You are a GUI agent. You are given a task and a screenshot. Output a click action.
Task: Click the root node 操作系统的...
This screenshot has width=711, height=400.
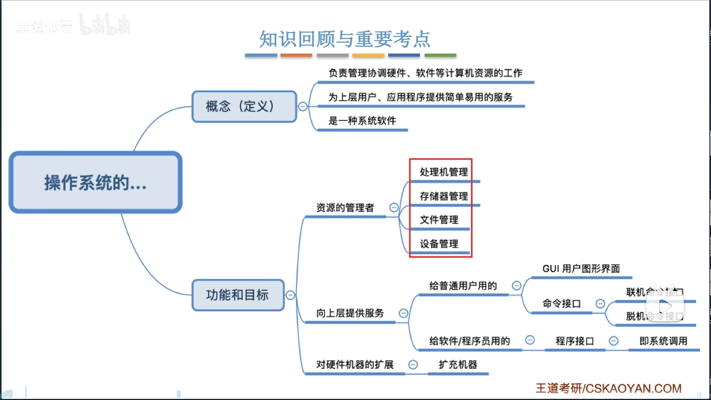tap(96, 182)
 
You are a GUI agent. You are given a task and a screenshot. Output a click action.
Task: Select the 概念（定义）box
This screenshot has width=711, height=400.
tap(244, 107)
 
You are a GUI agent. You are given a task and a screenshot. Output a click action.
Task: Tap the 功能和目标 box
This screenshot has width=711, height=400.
tap(238, 295)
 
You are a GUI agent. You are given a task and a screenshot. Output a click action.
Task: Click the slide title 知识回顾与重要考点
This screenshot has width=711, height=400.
tap(344, 39)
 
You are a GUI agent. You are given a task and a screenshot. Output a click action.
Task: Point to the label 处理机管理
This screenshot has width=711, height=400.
tap(444, 172)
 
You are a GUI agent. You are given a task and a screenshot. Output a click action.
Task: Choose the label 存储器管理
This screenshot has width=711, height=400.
tap(444, 196)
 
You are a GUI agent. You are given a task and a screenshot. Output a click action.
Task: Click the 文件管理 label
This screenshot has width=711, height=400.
tap(439, 220)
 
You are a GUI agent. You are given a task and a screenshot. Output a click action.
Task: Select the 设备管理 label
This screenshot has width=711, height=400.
tap(439, 244)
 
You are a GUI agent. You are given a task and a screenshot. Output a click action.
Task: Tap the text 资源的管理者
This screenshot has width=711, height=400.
tap(345, 208)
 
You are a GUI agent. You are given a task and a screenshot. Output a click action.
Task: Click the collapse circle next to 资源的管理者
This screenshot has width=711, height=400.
tap(394, 207)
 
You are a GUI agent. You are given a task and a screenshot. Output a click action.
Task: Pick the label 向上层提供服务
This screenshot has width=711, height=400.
tap(350, 313)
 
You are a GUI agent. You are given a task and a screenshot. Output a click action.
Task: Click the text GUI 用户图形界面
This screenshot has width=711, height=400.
tap(581, 269)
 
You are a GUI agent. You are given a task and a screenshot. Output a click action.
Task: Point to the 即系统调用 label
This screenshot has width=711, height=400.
tap(663, 341)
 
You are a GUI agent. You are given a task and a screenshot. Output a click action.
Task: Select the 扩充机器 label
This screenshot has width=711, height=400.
tap(458, 365)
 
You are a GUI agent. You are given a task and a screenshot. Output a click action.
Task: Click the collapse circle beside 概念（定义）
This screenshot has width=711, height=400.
tap(303, 107)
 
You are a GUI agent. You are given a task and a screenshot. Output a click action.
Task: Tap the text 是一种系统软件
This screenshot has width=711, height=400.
tap(362, 121)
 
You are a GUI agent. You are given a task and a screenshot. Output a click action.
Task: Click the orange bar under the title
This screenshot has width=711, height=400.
tap(296, 55)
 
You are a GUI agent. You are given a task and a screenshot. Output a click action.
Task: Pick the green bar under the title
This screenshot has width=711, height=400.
tap(440, 55)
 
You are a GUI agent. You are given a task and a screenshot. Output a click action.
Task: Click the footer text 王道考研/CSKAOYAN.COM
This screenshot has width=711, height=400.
tap(608, 388)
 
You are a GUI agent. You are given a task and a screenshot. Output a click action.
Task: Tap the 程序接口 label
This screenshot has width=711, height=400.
tap(575, 341)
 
